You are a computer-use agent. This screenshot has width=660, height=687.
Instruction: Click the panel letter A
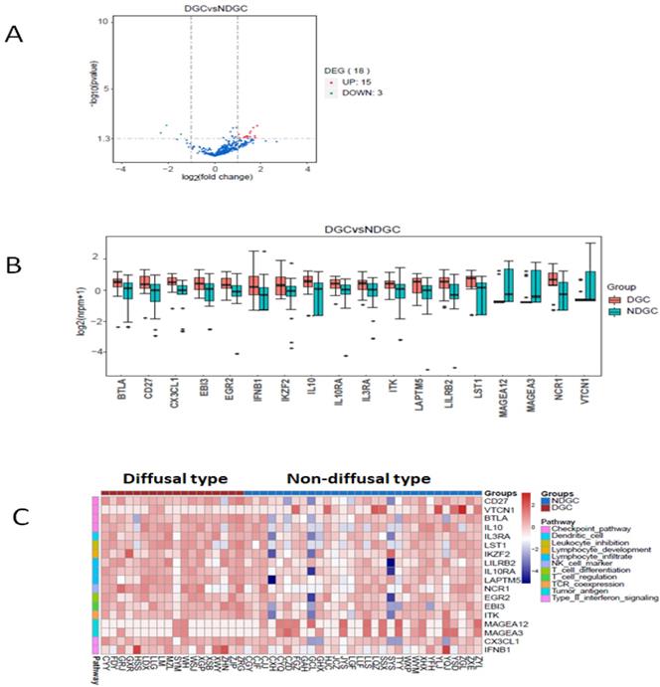[x=14, y=34]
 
